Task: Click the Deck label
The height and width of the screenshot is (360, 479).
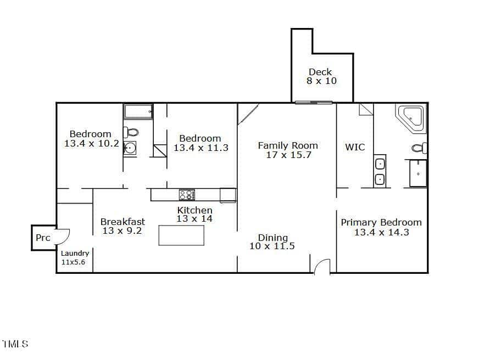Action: point(320,72)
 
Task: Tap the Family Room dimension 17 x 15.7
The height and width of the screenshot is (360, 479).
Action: point(288,155)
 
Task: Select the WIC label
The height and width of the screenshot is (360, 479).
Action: point(355,147)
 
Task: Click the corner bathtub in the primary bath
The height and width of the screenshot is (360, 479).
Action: point(410,119)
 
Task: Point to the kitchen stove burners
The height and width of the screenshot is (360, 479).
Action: point(187,195)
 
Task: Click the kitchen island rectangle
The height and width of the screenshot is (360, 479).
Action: point(181,235)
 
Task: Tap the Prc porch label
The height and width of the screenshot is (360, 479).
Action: point(43,238)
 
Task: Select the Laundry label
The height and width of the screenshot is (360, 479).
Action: point(75,253)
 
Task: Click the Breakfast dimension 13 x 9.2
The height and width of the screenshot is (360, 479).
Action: point(122,230)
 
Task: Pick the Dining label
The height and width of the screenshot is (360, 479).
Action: point(273,238)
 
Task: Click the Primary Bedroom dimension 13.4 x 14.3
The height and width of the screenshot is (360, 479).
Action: point(382,232)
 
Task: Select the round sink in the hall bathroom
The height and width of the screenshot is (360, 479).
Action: point(130,149)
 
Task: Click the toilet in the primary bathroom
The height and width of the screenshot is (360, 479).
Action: point(419,148)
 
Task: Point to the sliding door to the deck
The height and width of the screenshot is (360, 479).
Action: point(314,103)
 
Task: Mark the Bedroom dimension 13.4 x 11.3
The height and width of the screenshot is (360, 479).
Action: point(201,148)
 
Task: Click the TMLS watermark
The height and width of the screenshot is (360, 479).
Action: point(15,344)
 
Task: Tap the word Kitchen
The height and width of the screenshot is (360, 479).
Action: point(194,210)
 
